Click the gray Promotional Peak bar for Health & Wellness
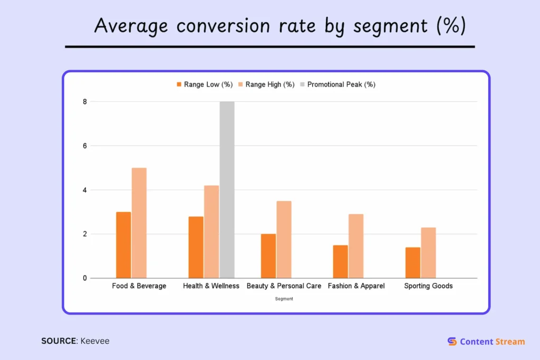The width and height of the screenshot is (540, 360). (x=227, y=190)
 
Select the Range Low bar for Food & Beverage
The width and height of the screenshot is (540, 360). (x=123, y=245)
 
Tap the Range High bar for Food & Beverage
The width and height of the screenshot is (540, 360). (x=139, y=223)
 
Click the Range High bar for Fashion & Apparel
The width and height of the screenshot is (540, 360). (x=356, y=246)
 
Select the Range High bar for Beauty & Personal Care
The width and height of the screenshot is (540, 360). (x=284, y=239)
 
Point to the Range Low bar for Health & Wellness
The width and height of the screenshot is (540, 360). (x=196, y=247)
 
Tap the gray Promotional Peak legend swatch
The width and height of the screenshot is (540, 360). (x=303, y=84)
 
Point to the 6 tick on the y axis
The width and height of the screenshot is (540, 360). (x=84, y=145)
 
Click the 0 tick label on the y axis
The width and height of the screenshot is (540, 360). (x=84, y=278)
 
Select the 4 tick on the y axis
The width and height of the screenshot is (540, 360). (x=84, y=190)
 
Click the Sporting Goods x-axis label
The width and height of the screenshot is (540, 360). (x=428, y=286)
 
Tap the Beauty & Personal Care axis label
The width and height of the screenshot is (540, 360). (x=284, y=286)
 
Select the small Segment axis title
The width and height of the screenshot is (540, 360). (x=284, y=299)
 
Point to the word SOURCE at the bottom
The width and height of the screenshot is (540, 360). (x=59, y=341)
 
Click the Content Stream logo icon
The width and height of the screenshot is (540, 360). (x=452, y=342)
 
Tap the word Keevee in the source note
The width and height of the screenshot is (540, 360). (x=95, y=341)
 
